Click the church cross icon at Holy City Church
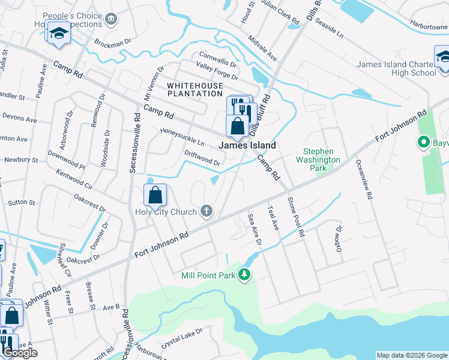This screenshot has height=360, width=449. click(x=206, y=211)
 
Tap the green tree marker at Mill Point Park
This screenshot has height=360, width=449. click(x=244, y=275)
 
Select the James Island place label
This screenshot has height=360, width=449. click(x=247, y=145)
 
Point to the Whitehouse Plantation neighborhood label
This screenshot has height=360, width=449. click(x=194, y=89)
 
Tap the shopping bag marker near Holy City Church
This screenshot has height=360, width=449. click(x=155, y=195)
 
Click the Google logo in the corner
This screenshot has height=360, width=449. click(x=20, y=353)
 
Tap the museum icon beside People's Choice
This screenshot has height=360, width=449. click(x=110, y=20)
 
